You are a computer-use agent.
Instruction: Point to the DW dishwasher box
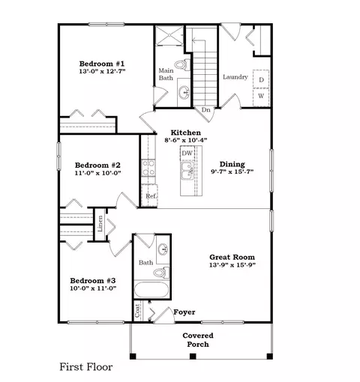(187, 154)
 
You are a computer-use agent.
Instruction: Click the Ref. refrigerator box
(151, 196)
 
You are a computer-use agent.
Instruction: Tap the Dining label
(232, 164)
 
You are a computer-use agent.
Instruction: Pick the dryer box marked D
(261, 80)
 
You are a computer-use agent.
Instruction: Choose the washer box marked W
(261, 95)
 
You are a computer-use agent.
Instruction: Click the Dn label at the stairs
(205, 109)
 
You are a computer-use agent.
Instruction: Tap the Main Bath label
(166, 75)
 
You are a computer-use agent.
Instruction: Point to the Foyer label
(184, 311)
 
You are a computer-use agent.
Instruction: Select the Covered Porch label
(199, 340)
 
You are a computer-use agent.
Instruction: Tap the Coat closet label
(137, 309)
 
